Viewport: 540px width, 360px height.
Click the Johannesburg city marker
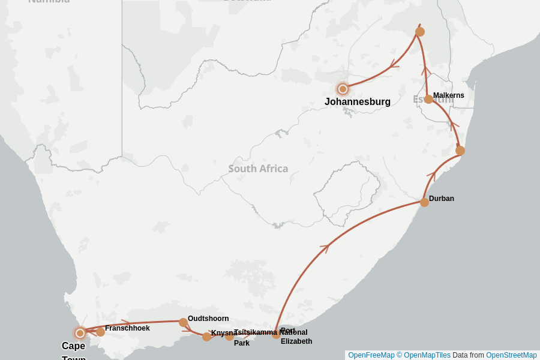click(343, 89)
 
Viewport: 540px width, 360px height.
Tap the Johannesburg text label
click(358, 102)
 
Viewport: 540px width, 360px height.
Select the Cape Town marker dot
click(80, 333)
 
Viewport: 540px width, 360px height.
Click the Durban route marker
click(424, 202)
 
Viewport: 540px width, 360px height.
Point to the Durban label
click(442, 199)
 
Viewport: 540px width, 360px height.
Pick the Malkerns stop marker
click(428, 99)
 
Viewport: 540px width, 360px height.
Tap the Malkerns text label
click(449, 95)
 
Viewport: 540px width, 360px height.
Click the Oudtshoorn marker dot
click(183, 322)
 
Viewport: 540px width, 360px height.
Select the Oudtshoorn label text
click(208, 319)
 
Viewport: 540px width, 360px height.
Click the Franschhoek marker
click(100, 332)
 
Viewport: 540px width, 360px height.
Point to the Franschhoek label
click(127, 328)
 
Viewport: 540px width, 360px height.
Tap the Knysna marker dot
click(206, 337)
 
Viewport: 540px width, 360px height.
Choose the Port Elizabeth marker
click(276, 334)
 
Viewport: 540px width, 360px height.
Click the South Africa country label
click(258, 169)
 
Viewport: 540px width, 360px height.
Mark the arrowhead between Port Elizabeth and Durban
click(325, 247)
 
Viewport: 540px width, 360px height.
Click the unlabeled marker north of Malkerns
click(420, 32)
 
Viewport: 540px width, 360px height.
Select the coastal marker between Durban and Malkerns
click(460, 151)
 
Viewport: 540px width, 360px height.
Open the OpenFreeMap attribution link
click(371, 355)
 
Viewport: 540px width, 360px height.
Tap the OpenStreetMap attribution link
click(511, 355)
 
